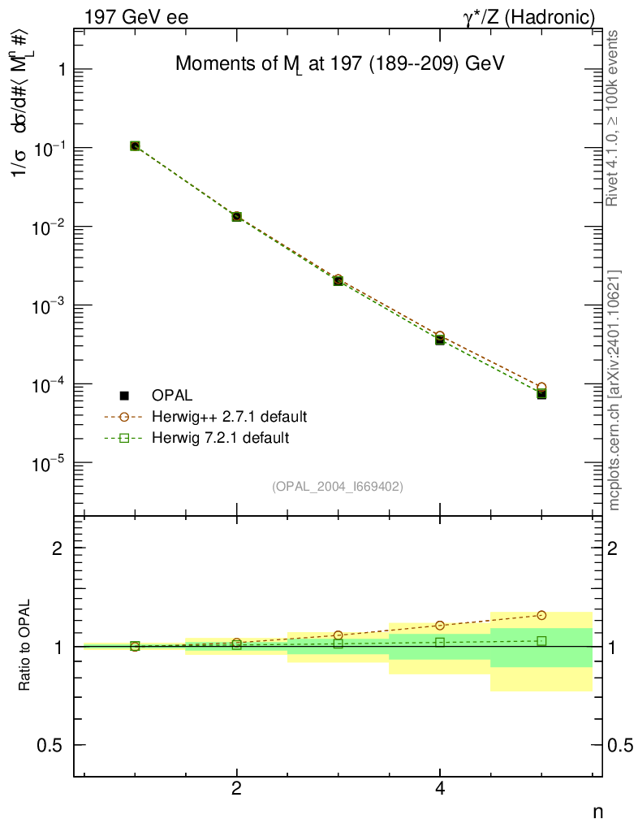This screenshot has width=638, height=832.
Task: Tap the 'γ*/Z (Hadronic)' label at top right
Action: pos(529,16)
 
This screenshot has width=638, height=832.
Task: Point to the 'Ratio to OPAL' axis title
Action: pos(26,646)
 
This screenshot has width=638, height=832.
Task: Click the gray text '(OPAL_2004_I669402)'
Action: pos(337,486)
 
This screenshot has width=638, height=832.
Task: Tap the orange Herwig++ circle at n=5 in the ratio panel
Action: pos(541,615)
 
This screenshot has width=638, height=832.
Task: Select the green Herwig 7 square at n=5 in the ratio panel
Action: pos(541,641)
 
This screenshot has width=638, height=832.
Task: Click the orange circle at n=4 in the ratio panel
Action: pos(440,626)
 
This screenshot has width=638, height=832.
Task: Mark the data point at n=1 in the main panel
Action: pos(135,146)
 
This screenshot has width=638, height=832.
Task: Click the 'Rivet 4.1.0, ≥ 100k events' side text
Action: pos(614,118)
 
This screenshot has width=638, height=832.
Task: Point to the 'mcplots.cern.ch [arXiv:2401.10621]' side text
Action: pos(614,390)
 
